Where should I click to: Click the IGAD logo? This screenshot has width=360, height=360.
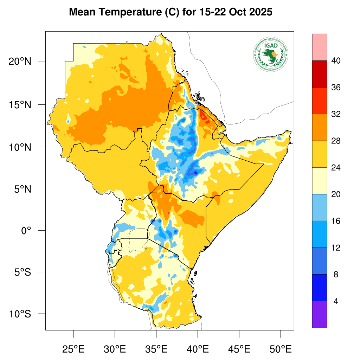click(270, 54)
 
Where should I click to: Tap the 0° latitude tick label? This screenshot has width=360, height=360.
click(27, 231)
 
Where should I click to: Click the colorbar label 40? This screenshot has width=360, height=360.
click(335, 61)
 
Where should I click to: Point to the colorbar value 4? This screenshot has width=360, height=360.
click(335, 301)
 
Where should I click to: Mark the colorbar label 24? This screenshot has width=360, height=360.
click(335, 168)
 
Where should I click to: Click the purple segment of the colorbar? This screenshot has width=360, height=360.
click(320, 314)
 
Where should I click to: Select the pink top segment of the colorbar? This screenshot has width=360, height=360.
click(320, 47)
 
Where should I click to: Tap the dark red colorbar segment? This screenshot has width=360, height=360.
click(320, 74)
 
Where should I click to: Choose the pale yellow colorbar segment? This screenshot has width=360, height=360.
click(320, 181)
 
